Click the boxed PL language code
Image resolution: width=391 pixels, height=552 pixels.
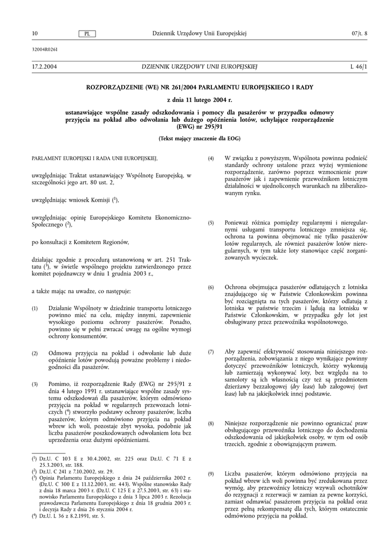tap(86, 34)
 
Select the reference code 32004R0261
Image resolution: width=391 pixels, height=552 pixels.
tap(45, 49)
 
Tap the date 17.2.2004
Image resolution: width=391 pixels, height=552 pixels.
tap(45, 66)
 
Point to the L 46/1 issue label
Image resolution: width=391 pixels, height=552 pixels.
tap(358, 66)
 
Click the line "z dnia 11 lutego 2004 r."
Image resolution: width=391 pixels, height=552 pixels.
tap(199, 99)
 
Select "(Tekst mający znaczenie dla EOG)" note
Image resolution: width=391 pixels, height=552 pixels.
tap(199, 139)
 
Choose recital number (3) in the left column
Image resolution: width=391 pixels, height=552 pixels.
tap(35, 384)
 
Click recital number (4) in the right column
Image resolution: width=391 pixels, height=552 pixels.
tap(211, 158)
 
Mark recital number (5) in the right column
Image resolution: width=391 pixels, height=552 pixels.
tap(211, 223)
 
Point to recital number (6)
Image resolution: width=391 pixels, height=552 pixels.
tap(211, 287)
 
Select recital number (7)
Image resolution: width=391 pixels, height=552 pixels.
tap(211, 351)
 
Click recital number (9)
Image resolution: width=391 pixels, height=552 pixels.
tap(211, 473)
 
